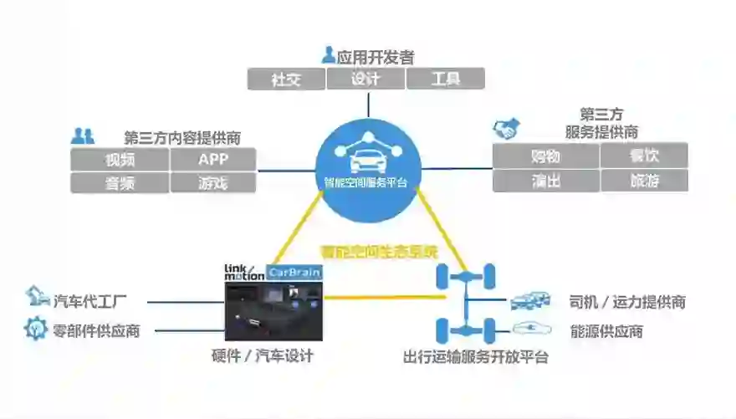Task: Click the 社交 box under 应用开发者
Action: pos(286,79)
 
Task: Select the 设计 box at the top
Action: pos(365,79)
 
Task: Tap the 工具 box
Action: pos(445,79)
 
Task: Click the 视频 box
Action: pos(120,159)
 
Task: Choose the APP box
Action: pos(212,159)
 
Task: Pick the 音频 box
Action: pos(120,182)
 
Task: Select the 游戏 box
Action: pos(212,182)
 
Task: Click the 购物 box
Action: pos(545,156)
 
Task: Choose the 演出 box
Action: pos(545,181)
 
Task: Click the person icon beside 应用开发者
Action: pos(328,55)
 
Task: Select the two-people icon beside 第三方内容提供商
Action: pos(82,135)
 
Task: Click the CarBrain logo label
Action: pos(294,272)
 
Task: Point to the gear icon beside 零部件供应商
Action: pos(35,330)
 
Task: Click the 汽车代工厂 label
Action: pos(89,301)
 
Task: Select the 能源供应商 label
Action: pos(606,331)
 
